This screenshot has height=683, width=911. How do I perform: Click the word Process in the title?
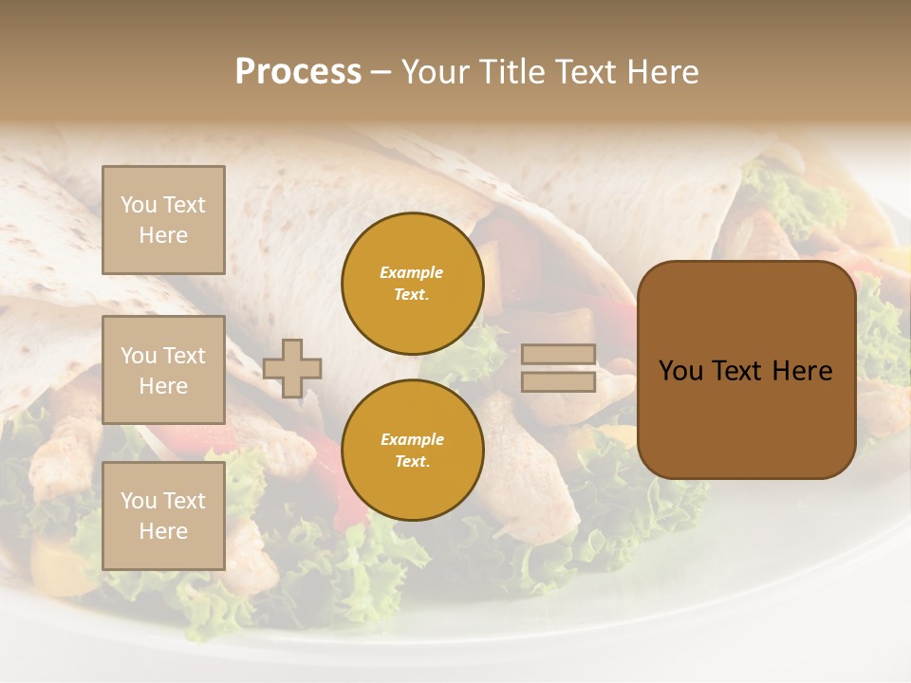coord(298,72)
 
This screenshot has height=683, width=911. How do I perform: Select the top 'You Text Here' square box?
coord(163,220)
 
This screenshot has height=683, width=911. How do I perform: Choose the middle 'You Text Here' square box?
coord(163,370)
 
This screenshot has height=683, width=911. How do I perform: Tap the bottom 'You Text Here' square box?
coord(163,515)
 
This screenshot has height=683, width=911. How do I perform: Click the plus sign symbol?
coord(292,368)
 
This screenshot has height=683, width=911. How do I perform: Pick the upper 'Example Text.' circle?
coord(412,284)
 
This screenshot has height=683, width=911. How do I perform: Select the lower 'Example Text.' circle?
coord(412,451)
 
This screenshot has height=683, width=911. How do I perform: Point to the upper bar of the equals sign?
coord(558,355)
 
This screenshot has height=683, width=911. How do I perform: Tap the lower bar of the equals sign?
coord(558,382)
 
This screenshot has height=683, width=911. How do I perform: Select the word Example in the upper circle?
coord(412,273)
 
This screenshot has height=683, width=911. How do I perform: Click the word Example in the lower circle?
coord(412,440)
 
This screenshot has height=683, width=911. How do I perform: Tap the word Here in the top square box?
coord(163,235)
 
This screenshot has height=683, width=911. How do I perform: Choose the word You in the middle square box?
coord(138,356)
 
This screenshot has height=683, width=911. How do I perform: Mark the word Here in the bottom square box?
coord(163,531)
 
